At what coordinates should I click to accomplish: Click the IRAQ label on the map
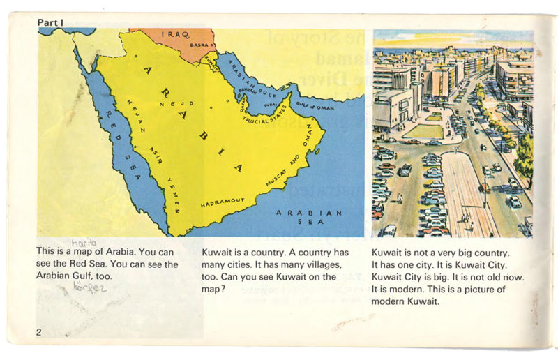pyautogui.click(x=176, y=34)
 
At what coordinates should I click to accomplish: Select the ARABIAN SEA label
pyautogui.click(x=309, y=217)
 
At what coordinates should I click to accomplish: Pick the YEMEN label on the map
pyautogui.click(x=174, y=195)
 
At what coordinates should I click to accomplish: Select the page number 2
pyautogui.click(x=39, y=331)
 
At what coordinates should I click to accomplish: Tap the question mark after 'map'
pyautogui.click(x=223, y=289)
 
